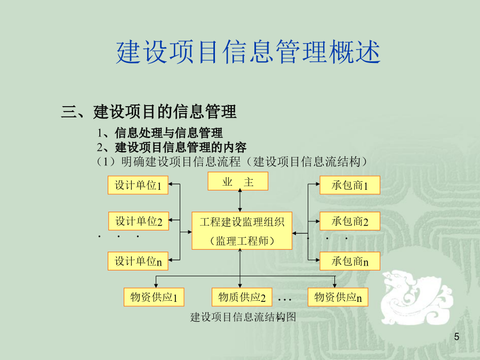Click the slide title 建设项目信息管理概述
coord(248,52)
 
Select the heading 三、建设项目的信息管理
coord(149,111)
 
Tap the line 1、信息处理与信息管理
coord(160,133)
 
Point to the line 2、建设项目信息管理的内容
coord(171,147)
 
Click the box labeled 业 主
coord(238,181)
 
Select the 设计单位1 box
coord(138,185)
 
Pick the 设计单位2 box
coord(139,221)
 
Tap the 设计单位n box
coord(138,261)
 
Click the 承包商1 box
coord(350,185)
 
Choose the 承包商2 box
coord(350,221)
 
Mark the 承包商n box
coord(350,261)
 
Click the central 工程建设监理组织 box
coord(242,230)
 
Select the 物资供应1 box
coord(154,297)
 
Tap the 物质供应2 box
coord(242,297)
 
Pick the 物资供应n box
coord(338,297)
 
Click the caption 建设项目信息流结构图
coord(243,317)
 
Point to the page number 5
coord(457,337)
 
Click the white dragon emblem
coord(417,298)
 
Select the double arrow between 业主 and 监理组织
coord(240,200)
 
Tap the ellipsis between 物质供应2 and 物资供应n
coord(285,299)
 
